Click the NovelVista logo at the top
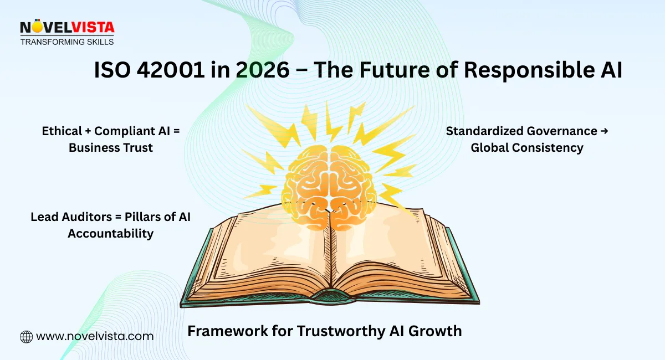(66, 28)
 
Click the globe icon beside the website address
(26, 336)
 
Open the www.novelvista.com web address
(94, 336)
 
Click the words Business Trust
(111, 148)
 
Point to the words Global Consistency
(527, 148)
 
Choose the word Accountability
(110, 234)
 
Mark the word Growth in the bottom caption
(437, 331)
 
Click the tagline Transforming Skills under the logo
(66, 42)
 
